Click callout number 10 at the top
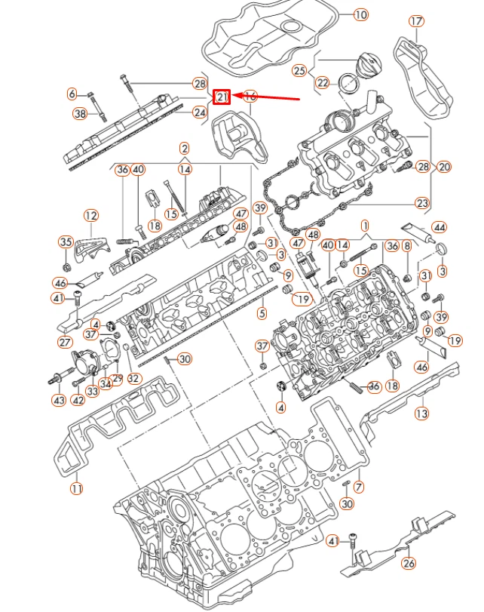click(360, 14)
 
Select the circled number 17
click(416, 21)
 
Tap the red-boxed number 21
click(222, 97)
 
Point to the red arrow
click(267, 97)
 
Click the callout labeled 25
click(300, 71)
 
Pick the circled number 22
click(323, 82)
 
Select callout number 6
click(72, 94)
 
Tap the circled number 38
click(80, 114)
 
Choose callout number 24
click(199, 113)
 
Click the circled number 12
click(90, 216)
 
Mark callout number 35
click(66, 242)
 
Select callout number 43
click(59, 400)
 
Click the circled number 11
click(75, 489)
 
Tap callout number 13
click(421, 413)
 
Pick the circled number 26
click(409, 563)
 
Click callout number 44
click(439, 227)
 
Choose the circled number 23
click(422, 203)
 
